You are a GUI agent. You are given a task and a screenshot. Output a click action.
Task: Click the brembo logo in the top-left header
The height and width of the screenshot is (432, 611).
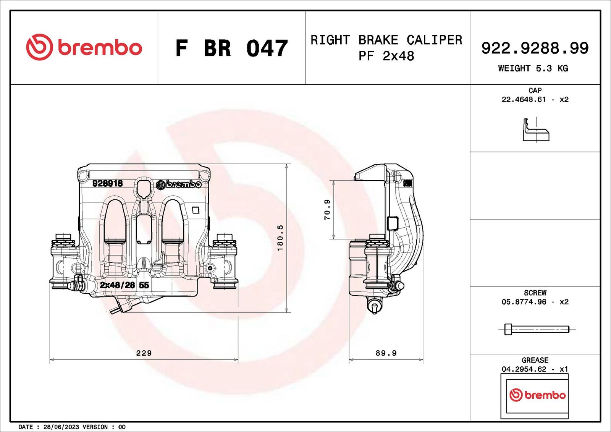pyautogui.click(x=84, y=47)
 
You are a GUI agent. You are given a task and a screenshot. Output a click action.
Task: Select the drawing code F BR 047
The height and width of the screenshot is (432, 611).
pyautogui.click(x=231, y=48)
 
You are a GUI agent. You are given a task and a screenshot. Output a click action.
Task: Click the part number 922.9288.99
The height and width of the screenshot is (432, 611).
pyautogui.click(x=535, y=48)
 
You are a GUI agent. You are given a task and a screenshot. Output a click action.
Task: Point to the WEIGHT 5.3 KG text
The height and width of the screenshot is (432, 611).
pyautogui.click(x=533, y=68)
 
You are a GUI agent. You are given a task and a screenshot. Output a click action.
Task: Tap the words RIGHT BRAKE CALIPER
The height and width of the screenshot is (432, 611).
pyautogui.click(x=386, y=40)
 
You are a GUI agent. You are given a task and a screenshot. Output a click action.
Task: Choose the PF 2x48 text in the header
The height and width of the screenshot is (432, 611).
pyautogui.click(x=386, y=56)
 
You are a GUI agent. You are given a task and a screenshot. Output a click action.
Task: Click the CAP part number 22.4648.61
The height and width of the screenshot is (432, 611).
pyautogui.click(x=524, y=100)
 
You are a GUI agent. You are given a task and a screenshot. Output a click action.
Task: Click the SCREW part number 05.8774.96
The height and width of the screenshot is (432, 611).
pyautogui.click(x=524, y=302)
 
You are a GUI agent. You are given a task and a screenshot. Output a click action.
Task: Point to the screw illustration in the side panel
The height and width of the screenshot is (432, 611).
pyautogui.click(x=537, y=329)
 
